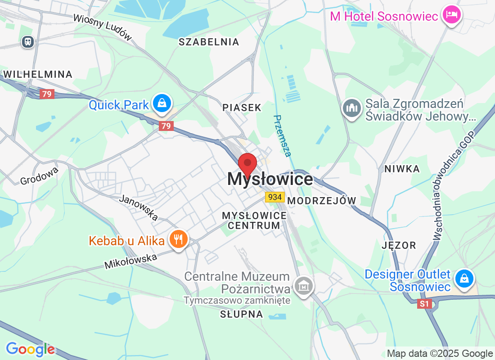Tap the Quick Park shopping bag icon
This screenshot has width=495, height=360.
pyautogui.click(x=162, y=104)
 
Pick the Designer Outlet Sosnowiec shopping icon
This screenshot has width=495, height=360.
pyautogui.click(x=464, y=278)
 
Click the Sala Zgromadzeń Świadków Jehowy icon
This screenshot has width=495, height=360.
pyautogui.click(x=351, y=108)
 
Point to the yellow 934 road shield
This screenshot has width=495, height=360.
pyautogui.click(x=274, y=197)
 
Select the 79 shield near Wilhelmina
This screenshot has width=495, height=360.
pyautogui.click(x=46, y=94)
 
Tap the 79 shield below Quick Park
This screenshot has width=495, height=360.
pyautogui.click(x=166, y=126)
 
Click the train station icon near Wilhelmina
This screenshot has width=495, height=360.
pyautogui.click(x=28, y=42)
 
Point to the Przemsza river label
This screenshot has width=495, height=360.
pyautogui.click(x=282, y=135)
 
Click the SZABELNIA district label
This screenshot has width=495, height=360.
pyautogui.click(x=208, y=42)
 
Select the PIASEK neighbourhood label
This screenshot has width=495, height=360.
pyautogui.click(x=242, y=108)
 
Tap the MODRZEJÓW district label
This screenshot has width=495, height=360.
pyautogui.click(x=321, y=201)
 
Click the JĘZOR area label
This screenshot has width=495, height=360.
pyautogui.click(x=399, y=245)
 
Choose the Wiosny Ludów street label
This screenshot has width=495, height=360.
pyautogui.click(x=103, y=27)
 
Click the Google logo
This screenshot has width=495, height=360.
pyautogui.click(x=30, y=349)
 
